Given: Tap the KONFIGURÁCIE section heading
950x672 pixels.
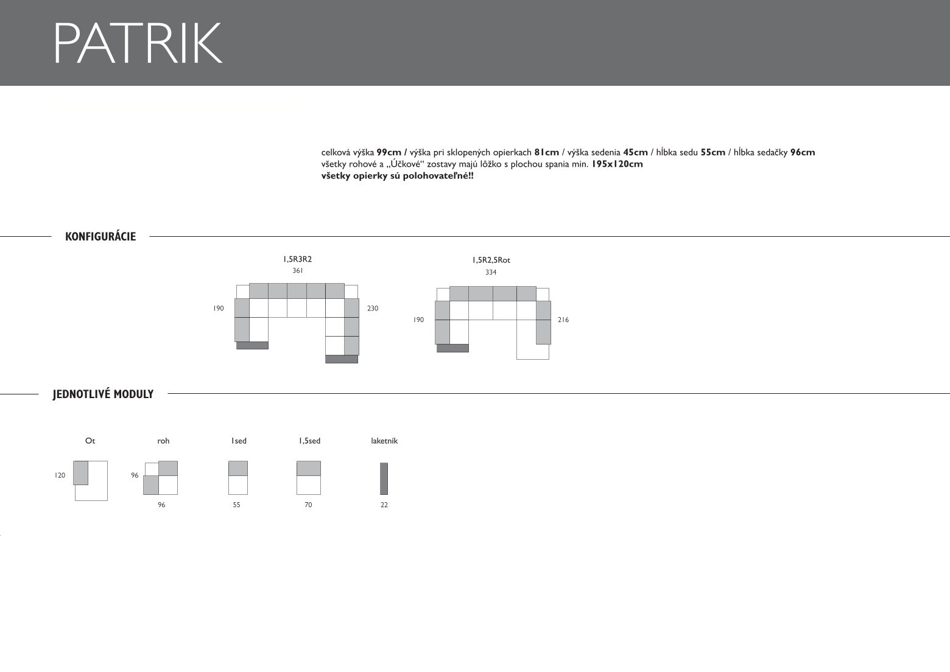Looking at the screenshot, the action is click(100, 237).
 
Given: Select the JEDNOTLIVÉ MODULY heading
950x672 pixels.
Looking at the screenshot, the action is click(103, 394).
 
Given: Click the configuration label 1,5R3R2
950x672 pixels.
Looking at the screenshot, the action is click(297, 259).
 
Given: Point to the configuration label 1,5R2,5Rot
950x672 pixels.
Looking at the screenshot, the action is click(491, 261).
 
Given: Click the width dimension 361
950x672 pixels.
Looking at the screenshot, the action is click(298, 270).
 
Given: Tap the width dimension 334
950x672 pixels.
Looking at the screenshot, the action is click(491, 272).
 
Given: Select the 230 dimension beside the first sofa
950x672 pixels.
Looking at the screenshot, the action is click(373, 309).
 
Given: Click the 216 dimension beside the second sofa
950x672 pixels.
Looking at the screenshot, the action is click(563, 320).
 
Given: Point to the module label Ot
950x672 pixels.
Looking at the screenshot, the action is click(90, 441).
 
